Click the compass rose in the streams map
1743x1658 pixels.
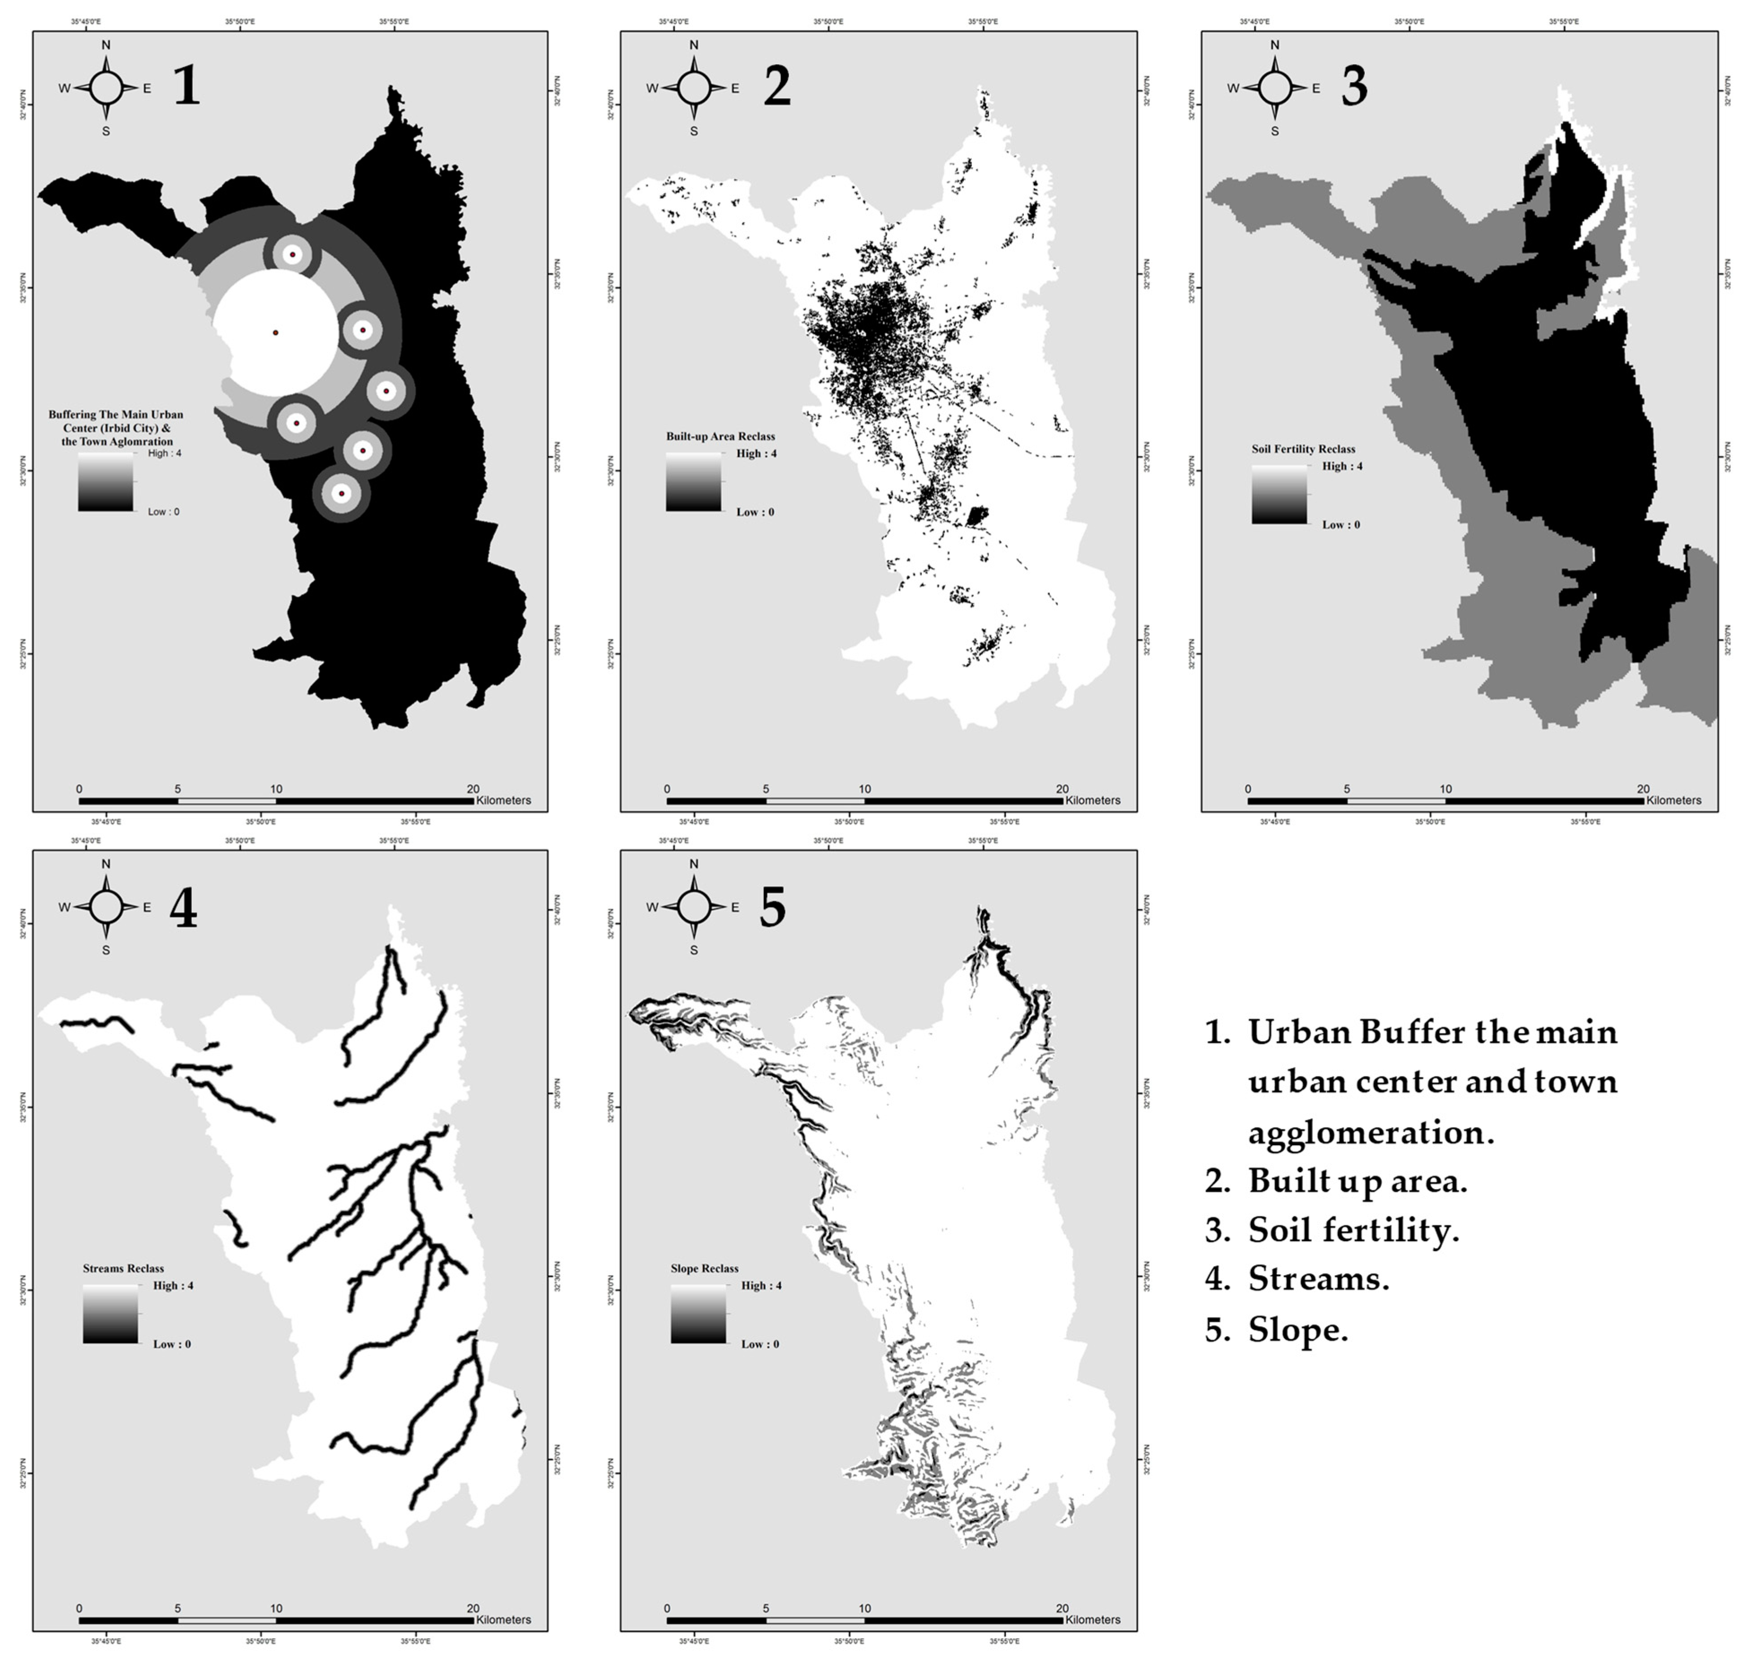point(106,907)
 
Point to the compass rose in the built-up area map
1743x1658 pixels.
point(694,87)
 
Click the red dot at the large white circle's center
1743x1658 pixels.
point(276,332)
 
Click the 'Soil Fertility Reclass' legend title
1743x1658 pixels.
point(1303,449)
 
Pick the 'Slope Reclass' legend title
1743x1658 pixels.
point(704,1268)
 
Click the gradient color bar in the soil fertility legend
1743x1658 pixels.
point(1279,495)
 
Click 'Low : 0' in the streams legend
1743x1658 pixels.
point(171,1344)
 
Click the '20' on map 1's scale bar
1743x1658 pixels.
point(473,789)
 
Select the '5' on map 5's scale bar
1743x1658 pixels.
point(765,1609)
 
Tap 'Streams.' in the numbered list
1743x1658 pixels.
point(1319,1279)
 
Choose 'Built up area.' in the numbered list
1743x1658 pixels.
point(1357,1181)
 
